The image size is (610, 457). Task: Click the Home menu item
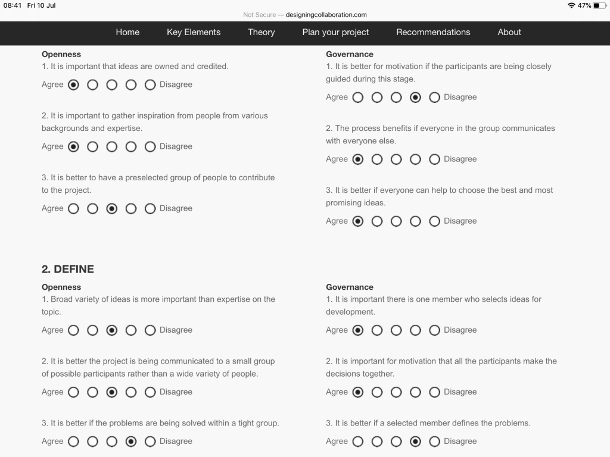tap(127, 32)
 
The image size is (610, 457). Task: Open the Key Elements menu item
tap(194, 32)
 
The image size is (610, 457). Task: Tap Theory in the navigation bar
tap(262, 32)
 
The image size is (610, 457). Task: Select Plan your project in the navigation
tap(335, 32)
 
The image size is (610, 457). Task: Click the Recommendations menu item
tap(433, 32)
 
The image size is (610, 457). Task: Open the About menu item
tap(509, 32)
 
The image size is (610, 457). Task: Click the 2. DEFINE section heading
tap(68, 269)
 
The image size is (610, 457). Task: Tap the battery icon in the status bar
tap(599, 5)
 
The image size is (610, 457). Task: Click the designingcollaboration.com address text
tap(326, 15)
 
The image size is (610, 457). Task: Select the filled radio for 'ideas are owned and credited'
tap(73, 85)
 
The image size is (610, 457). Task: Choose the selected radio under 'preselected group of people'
tap(112, 209)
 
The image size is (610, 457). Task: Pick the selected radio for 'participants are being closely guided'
tap(416, 98)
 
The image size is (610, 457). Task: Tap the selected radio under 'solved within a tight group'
tap(131, 442)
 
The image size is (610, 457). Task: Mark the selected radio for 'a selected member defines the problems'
tap(416, 442)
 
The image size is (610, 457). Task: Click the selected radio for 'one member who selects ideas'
tap(358, 330)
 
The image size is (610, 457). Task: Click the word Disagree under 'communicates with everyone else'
tap(460, 159)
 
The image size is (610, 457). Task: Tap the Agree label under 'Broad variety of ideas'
tap(52, 330)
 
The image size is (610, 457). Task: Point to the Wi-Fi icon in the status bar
tap(572, 5)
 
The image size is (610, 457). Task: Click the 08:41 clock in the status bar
tap(13, 5)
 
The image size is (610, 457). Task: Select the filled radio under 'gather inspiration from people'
tap(73, 147)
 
